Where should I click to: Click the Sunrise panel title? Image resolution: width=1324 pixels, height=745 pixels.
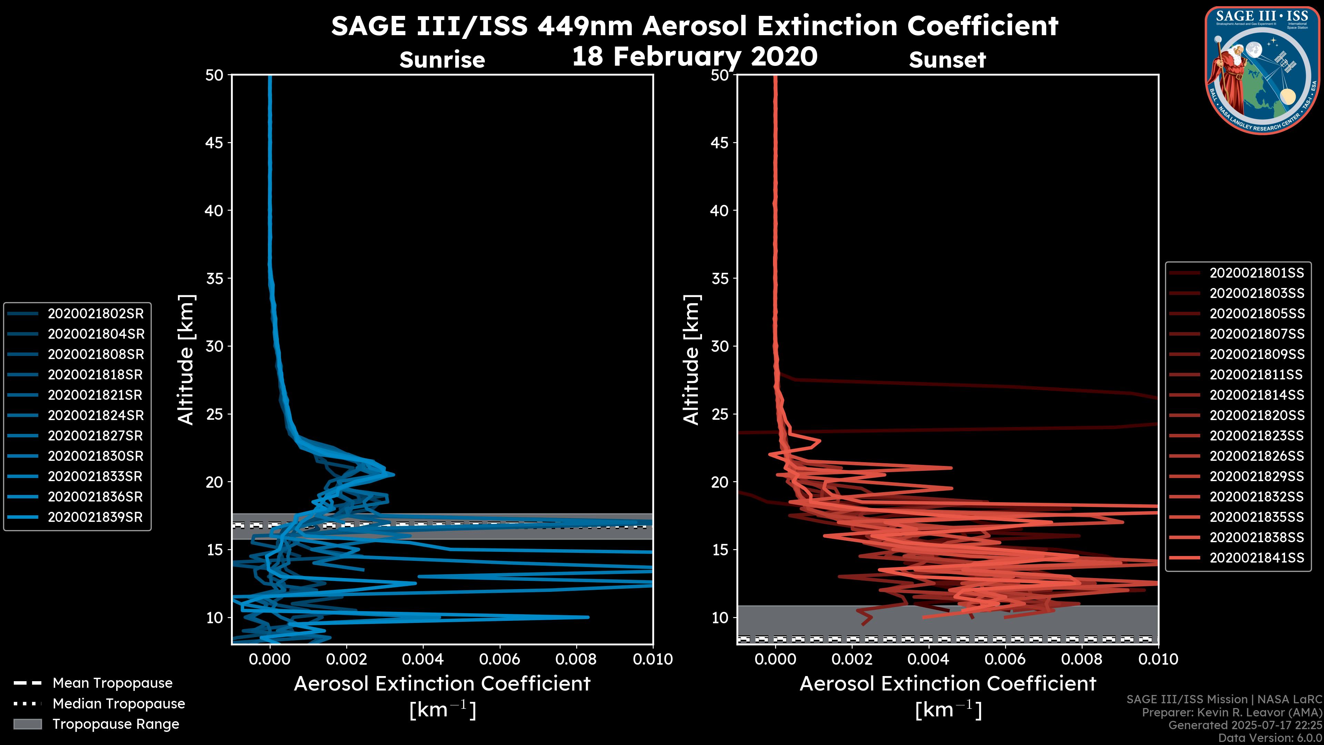(442, 60)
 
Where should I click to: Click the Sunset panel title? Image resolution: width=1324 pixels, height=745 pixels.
(947, 60)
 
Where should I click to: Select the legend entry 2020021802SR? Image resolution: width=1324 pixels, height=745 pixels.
(96, 314)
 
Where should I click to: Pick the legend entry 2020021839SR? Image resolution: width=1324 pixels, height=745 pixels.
(95, 517)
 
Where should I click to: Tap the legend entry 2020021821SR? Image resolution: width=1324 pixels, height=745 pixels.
(95, 395)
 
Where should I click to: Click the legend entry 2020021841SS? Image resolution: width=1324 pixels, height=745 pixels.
(1257, 558)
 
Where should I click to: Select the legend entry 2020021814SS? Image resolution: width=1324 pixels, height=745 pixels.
(1257, 395)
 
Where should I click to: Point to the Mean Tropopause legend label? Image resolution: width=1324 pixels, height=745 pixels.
(112, 683)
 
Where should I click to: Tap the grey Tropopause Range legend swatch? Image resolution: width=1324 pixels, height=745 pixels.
(27, 724)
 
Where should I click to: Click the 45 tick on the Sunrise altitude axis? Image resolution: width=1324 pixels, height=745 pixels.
(214, 142)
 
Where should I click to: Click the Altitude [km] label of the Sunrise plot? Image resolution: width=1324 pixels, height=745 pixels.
(185, 359)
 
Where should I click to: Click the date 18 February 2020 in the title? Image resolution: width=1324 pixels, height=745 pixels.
(694, 56)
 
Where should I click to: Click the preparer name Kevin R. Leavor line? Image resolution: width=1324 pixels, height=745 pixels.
(1232, 713)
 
